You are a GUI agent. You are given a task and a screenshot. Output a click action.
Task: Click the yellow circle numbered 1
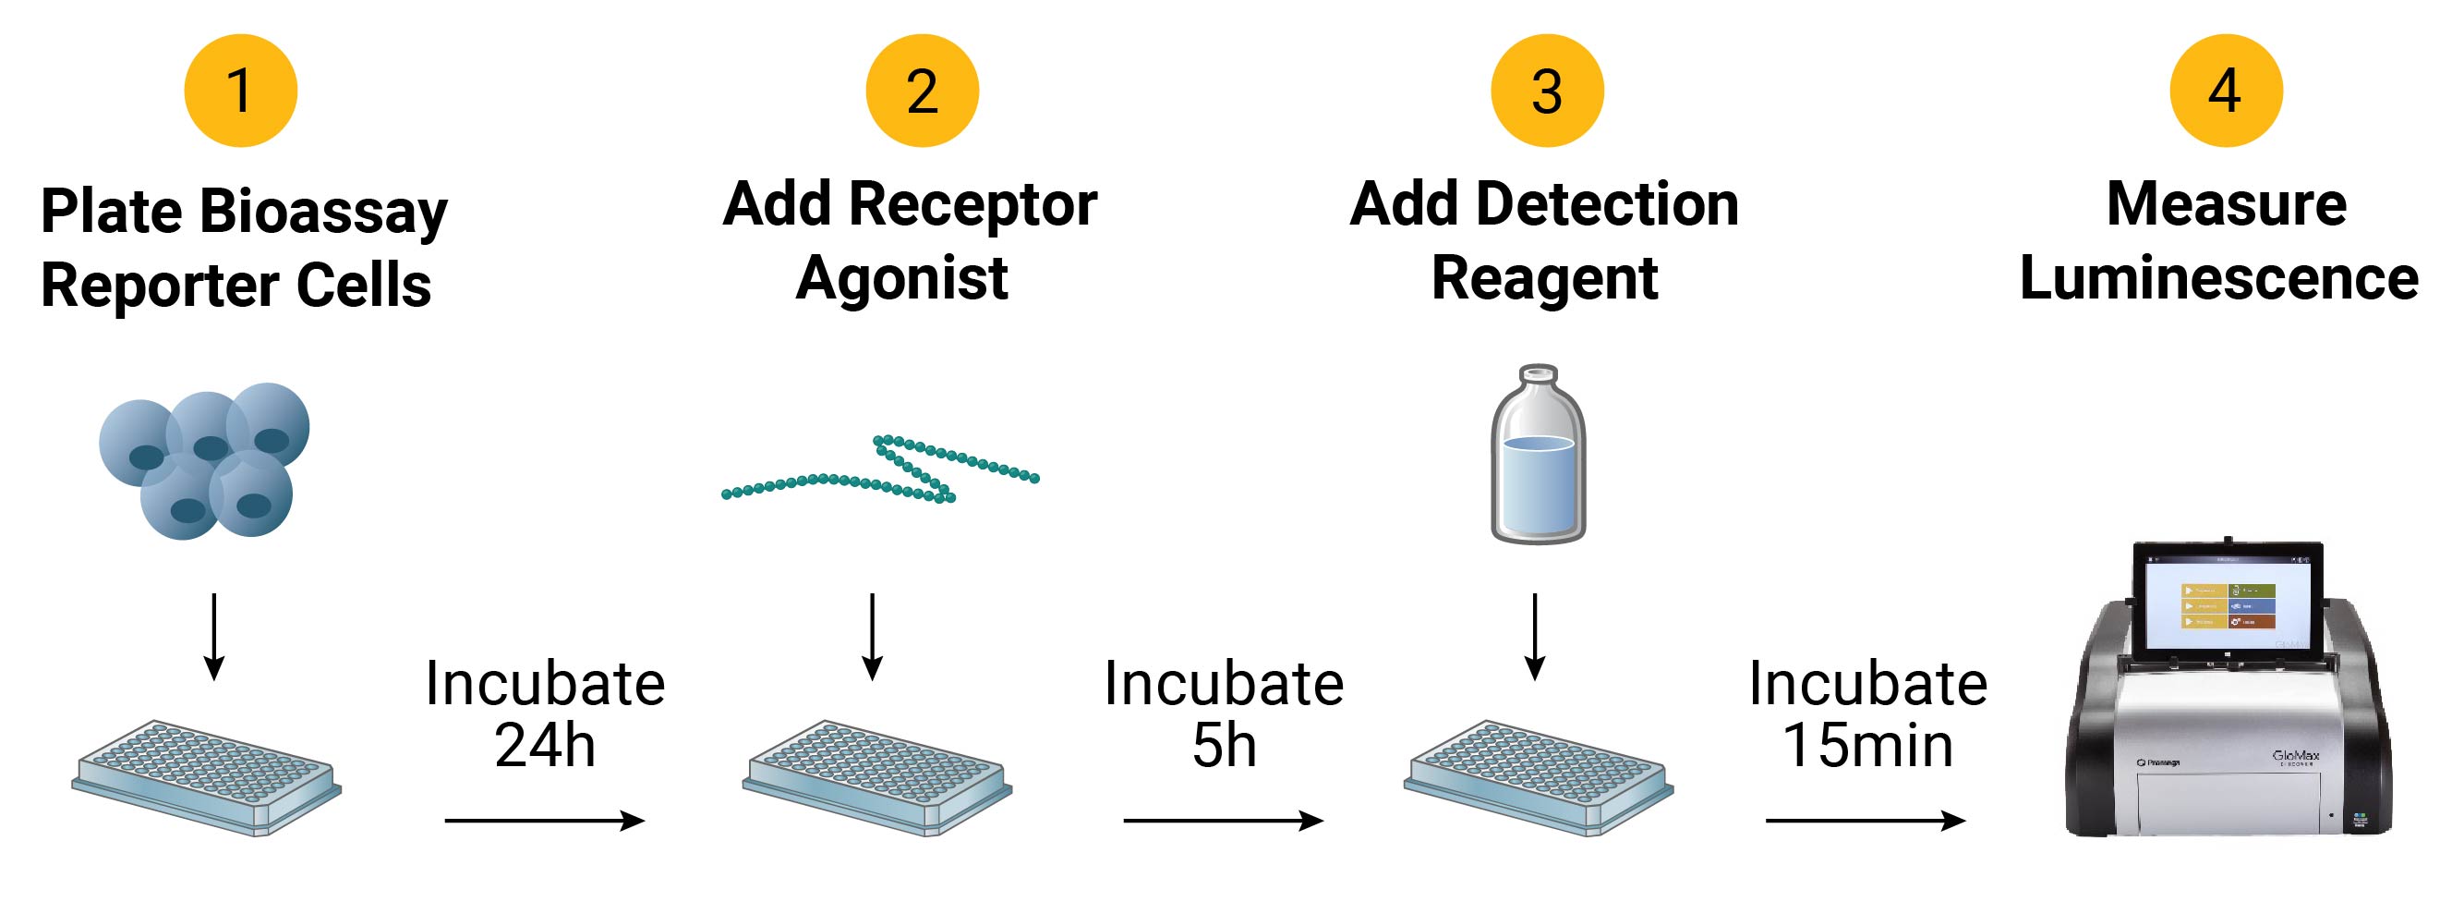click(x=240, y=91)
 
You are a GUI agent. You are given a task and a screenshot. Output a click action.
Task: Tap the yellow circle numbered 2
click(x=922, y=91)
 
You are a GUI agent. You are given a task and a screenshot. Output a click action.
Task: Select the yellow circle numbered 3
click(x=1547, y=91)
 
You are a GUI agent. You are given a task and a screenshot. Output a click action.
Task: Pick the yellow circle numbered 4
click(x=2226, y=91)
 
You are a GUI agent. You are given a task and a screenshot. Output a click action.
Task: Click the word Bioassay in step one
click(x=323, y=212)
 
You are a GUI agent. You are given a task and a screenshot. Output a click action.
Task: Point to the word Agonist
click(x=902, y=278)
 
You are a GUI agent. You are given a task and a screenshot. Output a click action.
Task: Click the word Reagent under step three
click(x=1544, y=278)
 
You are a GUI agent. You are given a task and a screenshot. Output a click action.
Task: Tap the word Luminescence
click(x=2219, y=278)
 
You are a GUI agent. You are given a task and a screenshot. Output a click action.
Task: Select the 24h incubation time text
click(x=545, y=745)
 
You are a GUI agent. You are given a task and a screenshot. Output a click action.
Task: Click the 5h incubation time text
click(x=1224, y=745)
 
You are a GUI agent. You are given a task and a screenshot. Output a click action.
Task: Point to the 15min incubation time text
click(x=1867, y=745)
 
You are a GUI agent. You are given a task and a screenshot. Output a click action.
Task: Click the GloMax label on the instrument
click(x=2296, y=757)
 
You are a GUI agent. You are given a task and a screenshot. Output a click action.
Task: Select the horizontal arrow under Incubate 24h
click(x=545, y=821)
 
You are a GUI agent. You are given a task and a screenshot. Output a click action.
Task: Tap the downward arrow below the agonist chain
click(x=873, y=637)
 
